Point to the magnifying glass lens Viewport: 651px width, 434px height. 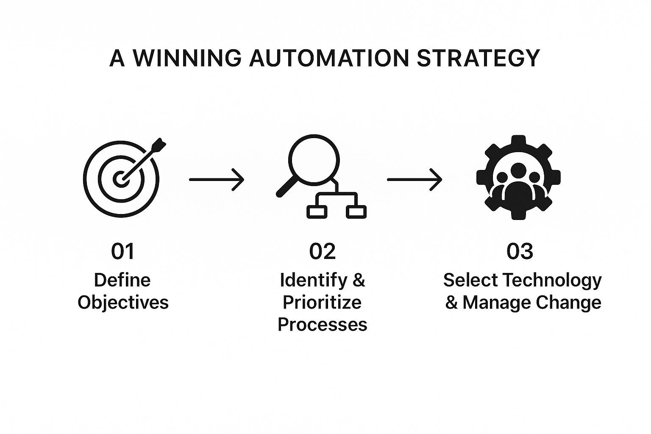[314, 160]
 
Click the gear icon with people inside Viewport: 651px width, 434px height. [518, 177]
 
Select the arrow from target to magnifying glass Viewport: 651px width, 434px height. [217, 180]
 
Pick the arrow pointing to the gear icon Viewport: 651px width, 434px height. [415, 180]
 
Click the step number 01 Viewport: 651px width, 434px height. [122, 251]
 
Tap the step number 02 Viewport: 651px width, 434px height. [322, 251]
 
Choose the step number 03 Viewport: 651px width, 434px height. [520, 251]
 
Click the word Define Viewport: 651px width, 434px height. [122, 280]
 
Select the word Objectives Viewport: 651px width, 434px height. [123, 303]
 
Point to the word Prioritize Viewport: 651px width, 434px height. [322, 303]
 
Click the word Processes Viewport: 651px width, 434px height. [322, 325]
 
